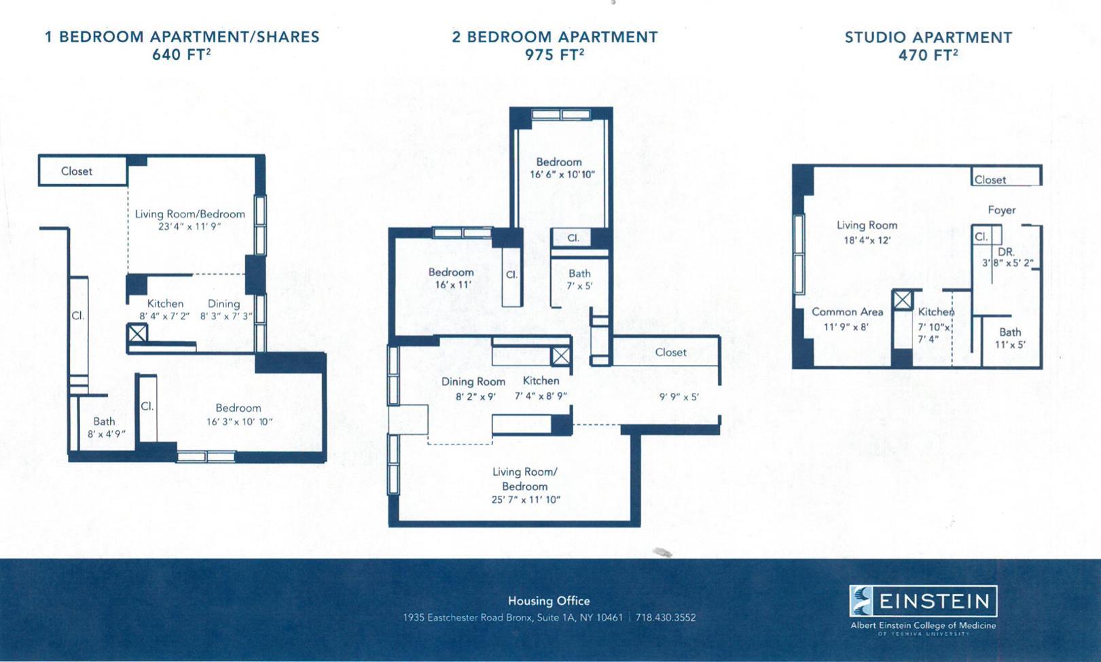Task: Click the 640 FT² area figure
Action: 181,54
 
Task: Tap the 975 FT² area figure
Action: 554,54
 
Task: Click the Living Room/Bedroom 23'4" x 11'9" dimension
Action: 189,226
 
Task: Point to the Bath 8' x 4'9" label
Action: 106,428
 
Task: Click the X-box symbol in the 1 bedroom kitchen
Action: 138,333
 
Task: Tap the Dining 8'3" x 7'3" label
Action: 225,310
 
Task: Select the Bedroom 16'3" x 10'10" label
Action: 239,415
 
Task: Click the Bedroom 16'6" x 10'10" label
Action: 562,168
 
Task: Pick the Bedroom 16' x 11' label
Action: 452,278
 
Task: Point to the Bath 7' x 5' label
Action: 579,279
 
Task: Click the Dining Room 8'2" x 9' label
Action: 474,388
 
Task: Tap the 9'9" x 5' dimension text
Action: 679,397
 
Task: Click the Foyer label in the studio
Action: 1002,210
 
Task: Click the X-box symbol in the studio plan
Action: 903,300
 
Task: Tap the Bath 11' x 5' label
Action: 1010,338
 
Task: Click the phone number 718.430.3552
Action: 666,617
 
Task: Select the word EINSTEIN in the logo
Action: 934,601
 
